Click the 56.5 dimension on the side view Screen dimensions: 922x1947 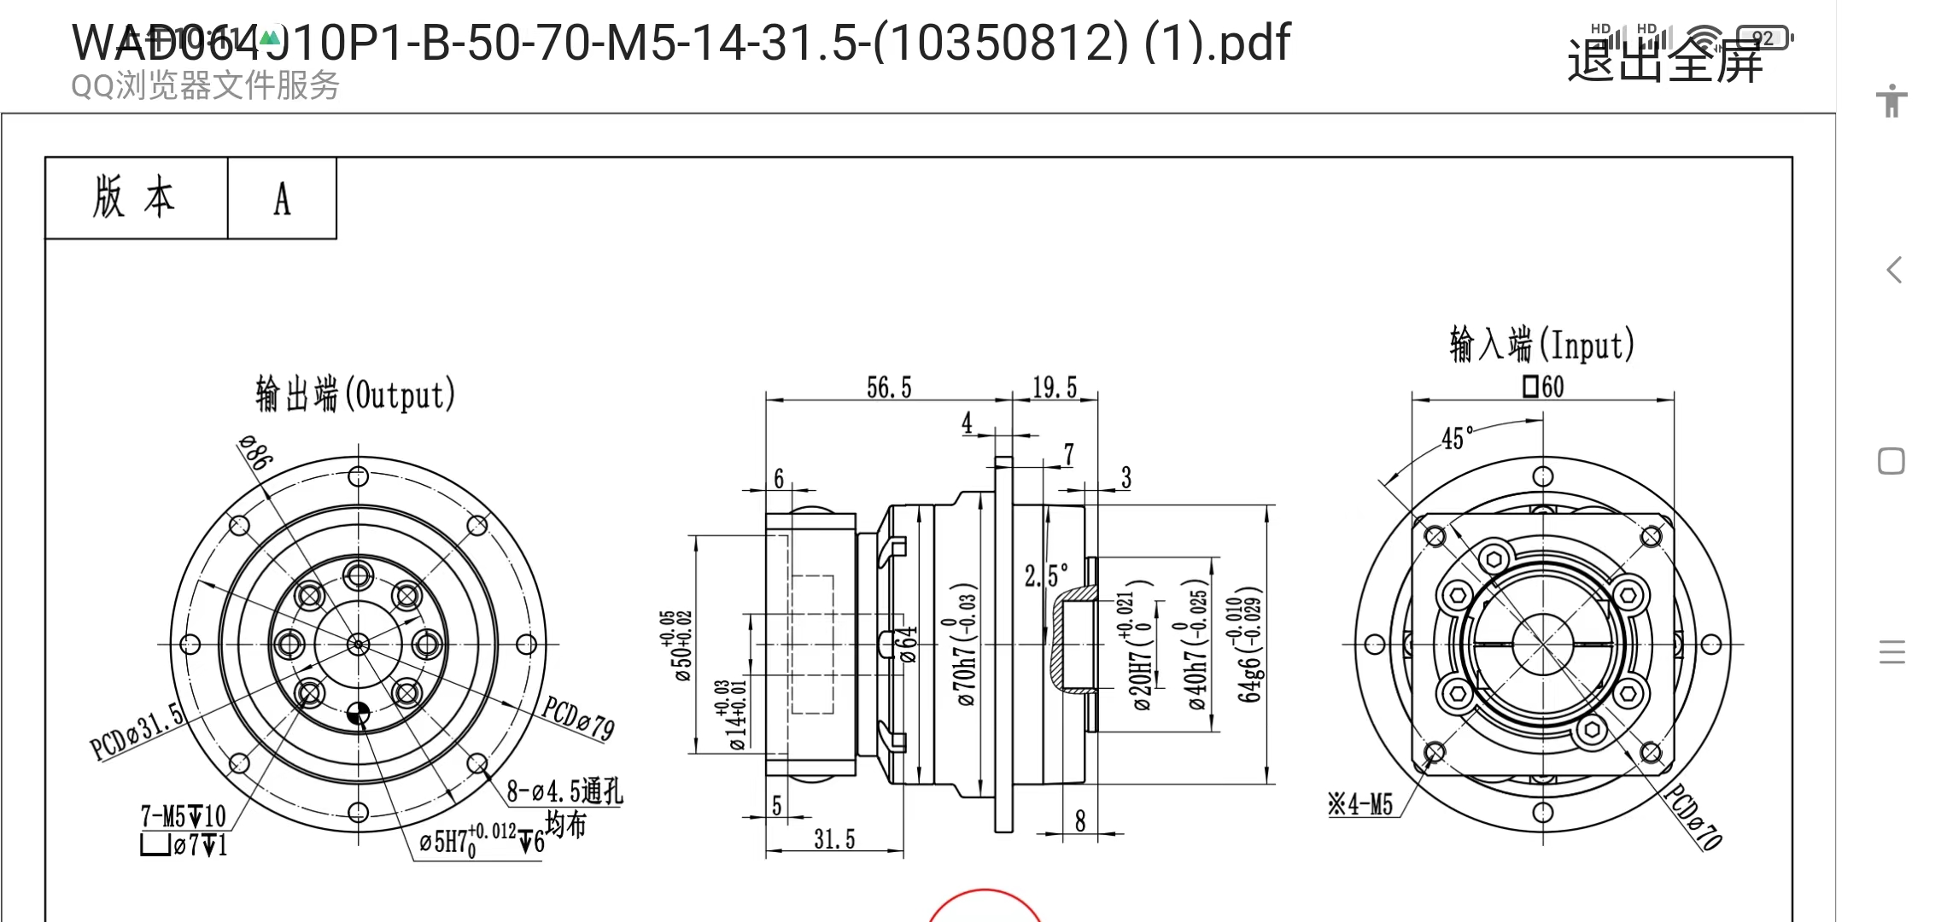(889, 388)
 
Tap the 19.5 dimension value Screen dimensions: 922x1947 (1055, 388)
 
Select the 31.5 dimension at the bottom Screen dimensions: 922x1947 (834, 839)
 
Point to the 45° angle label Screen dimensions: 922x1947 (1457, 439)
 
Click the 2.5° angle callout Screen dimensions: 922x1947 (1046, 576)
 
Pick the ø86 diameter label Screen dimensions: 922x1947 (254, 452)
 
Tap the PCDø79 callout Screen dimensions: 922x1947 (578, 717)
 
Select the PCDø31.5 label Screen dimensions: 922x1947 (137, 731)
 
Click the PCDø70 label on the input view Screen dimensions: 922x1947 (1693, 817)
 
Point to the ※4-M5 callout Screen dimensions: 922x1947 (1360, 804)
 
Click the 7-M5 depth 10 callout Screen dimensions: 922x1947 (183, 817)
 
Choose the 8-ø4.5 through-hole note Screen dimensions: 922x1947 (564, 792)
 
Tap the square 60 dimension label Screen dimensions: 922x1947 (1543, 388)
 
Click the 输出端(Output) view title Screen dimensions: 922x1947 (355, 395)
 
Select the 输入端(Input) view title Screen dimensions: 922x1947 (1541, 345)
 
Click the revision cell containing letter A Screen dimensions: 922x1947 (282, 199)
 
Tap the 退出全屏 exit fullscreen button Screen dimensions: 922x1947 (1664, 61)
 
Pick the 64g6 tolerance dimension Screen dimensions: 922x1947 (1249, 645)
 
